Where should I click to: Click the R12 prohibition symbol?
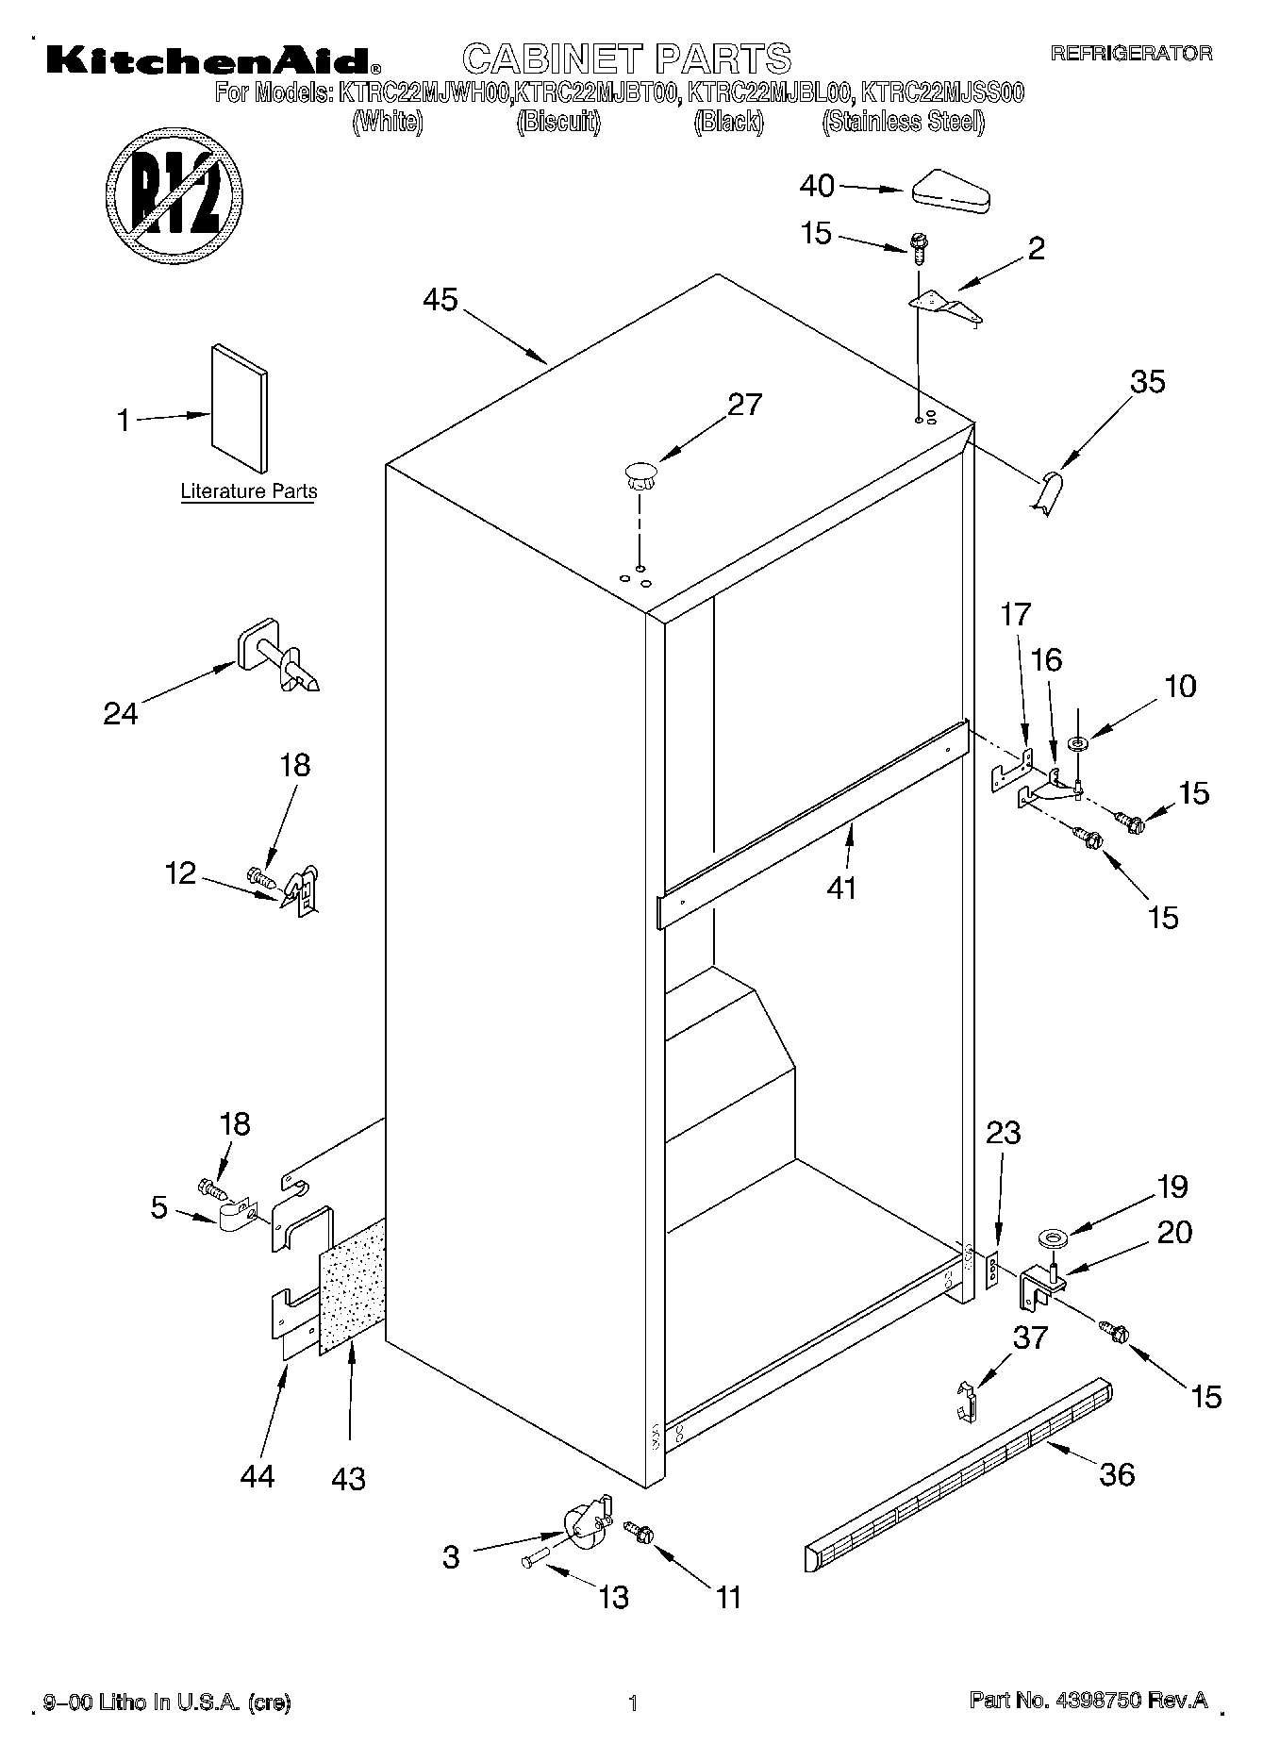[x=175, y=194]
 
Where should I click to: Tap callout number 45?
[x=440, y=300]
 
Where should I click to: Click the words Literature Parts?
[x=249, y=491]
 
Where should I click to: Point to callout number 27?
[x=744, y=404]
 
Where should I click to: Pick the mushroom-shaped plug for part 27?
[x=640, y=473]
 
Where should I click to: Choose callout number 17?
[x=1016, y=614]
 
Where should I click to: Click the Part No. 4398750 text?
[x=1089, y=1700]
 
